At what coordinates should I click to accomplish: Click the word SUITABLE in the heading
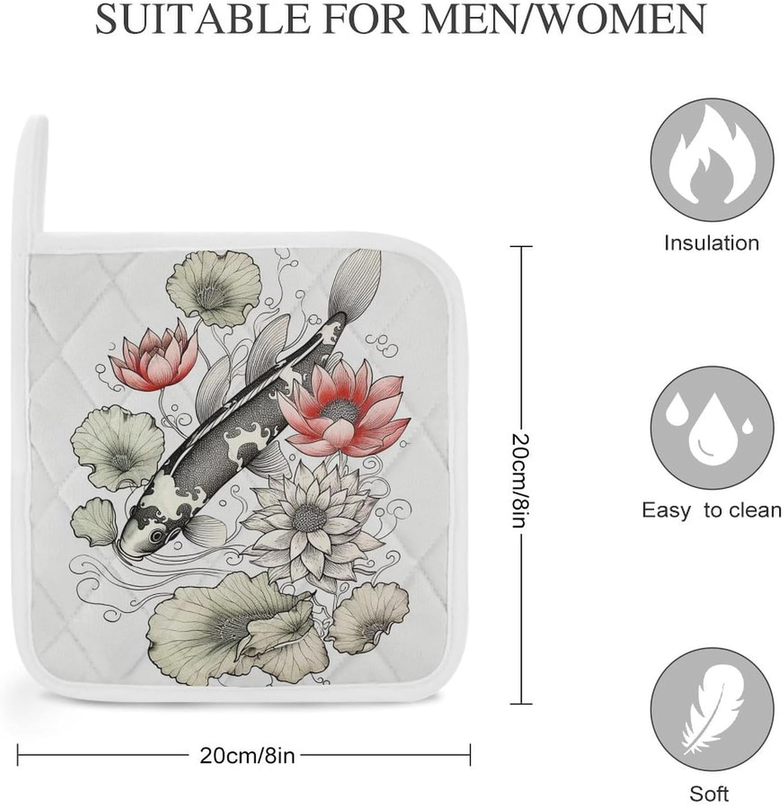(203, 19)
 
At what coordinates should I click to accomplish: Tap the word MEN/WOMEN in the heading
(564, 19)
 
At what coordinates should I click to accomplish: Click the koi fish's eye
(157, 536)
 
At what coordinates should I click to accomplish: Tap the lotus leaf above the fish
(213, 288)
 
